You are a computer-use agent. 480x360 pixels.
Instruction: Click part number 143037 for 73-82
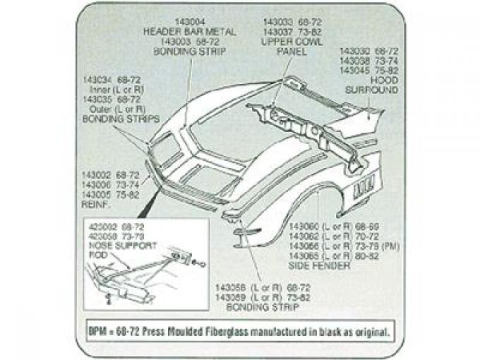point(277,31)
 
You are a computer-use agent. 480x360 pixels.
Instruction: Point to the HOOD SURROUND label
point(372,85)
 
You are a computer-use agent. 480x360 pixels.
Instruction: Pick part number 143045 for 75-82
point(356,71)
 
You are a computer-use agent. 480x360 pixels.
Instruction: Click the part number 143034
point(100,79)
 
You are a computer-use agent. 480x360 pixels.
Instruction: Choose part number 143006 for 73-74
point(97,184)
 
